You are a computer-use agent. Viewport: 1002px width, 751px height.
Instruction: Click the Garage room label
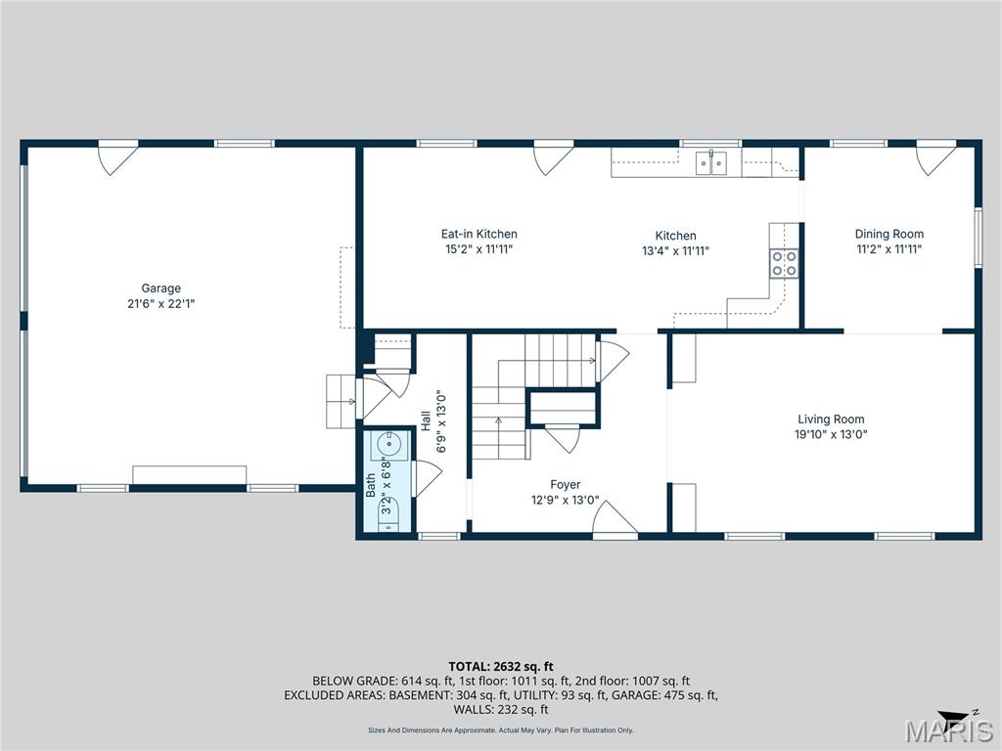[161, 288]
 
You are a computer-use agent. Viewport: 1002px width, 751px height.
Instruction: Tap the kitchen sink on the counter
[711, 163]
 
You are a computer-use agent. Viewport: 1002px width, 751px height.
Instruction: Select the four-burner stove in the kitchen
[784, 262]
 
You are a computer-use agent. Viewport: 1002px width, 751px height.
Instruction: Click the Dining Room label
[888, 234]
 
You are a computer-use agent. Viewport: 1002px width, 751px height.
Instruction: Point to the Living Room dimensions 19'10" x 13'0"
[831, 434]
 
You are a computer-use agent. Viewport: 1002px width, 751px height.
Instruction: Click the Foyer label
[565, 484]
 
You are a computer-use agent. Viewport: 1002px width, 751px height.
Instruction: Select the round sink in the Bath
[385, 445]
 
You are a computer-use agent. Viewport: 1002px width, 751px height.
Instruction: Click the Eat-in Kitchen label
[478, 234]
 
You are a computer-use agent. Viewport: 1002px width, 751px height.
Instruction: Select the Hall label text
[426, 420]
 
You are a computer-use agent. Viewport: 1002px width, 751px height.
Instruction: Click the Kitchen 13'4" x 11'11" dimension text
[675, 250]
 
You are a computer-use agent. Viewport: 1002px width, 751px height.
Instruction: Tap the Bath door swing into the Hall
[427, 477]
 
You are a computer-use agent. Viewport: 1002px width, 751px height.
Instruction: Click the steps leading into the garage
[340, 400]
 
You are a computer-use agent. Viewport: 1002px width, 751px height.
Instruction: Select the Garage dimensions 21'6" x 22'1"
[161, 303]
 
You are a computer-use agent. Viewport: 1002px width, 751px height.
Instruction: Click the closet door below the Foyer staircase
[563, 437]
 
